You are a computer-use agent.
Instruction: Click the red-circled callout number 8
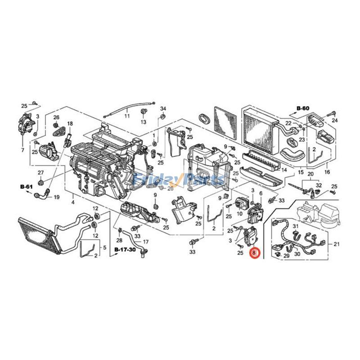coord(255,254)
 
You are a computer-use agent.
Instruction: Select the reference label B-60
coord(303,108)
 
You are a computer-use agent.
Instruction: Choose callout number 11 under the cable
coord(127,116)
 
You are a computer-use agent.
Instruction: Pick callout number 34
coord(163,109)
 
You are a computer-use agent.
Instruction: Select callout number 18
coord(70,124)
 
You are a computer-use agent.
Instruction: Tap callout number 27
coord(40,173)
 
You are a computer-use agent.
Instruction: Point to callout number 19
coord(57,197)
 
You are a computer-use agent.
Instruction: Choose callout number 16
coord(327,172)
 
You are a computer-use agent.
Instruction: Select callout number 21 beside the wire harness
coord(337,244)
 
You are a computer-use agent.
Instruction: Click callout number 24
coord(335,121)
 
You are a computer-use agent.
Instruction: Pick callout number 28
coord(120,241)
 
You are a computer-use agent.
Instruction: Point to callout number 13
coord(144,122)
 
